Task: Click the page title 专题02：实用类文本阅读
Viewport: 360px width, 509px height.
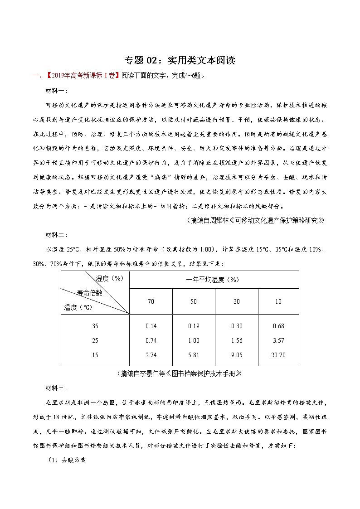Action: [180, 60]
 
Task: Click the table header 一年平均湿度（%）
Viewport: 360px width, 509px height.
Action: [214, 280]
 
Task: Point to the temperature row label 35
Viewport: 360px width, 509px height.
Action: [95, 326]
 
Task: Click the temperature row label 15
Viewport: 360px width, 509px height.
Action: [95, 355]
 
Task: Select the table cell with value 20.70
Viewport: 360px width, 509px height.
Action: [278, 355]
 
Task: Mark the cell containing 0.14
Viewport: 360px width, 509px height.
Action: [151, 326]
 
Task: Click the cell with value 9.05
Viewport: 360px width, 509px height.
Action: [236, 355]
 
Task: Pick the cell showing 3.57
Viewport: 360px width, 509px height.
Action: [278, 340]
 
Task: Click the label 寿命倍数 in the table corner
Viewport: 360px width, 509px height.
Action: [89, 293]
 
